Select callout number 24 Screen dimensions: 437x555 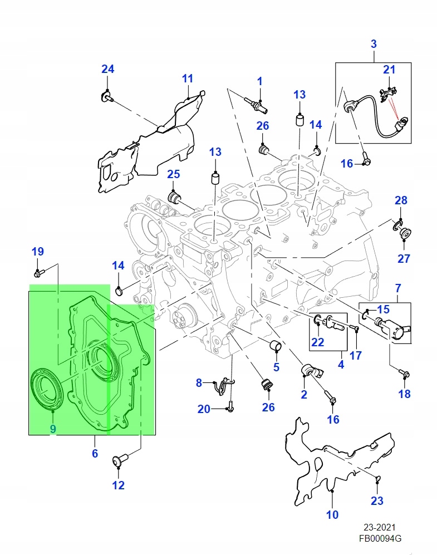pyautogui.click(x=107, y=69)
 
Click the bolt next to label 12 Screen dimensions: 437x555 pyautogui.click(x=120, y=460)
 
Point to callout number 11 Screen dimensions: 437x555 pyautogui.click(x=187, y=78)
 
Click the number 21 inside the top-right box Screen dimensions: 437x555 pyautogui.click(x=389, y=70)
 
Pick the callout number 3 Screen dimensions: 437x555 pyautogui.click(x=374, y=43)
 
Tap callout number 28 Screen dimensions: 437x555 pyautogui.click(x=401, y=200)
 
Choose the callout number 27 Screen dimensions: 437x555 pyautogui.click(x=404, y=258)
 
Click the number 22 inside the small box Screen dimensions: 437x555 pyautogui.click(x=317, y=342)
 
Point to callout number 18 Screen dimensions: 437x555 pyautogui.click(x=404, y=394)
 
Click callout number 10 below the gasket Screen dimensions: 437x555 pyautogui.click(x=332, y=515)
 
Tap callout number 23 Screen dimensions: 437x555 pyautogui.click(x=377, y=501)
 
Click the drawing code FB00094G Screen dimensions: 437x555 pyautogui.click(x=380, y=539)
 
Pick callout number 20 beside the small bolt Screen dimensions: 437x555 pyautogui.click(x=204, y=409)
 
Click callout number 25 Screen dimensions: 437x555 pyautogui.click(x=174, y=174)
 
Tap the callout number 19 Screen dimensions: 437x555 pyautogui.click(x=37, y=252)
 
